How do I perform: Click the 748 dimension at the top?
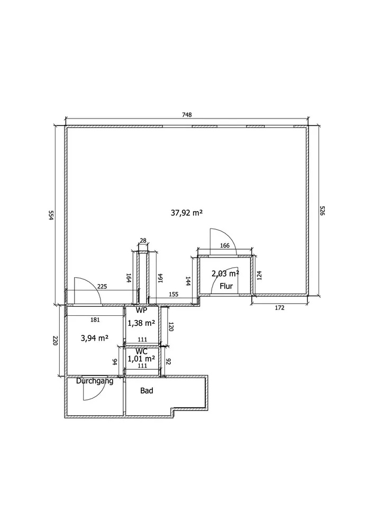187,115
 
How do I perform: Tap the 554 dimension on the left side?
51,215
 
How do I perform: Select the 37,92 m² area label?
187,213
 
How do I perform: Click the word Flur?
226,286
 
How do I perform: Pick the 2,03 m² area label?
225,273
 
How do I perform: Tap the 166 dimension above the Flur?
225,245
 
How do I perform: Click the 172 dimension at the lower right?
280,308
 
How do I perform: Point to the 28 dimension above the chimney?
143,241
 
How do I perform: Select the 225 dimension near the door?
102,286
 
